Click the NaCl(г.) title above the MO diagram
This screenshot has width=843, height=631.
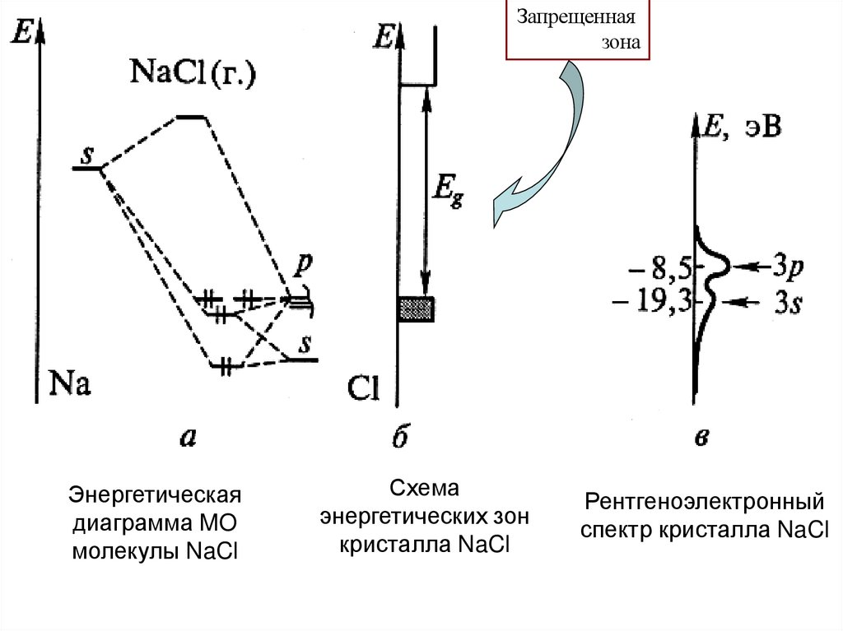pyautogui.click(x=193, y=74)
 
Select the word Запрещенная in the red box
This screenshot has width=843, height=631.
pyautogui.click(x=576, y=16)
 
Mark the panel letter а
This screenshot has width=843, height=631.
pyautogui.click(x=189, y=438)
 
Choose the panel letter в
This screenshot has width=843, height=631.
pyautogui.click(x=702, y=438)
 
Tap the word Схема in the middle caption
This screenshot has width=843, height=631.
pyautogui.click(x=424, y=490)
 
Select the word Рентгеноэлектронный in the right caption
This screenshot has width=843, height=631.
pyautogui.click(x=705, y=501)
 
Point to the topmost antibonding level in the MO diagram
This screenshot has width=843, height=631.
pyautogui.click(x=193, y=117)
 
